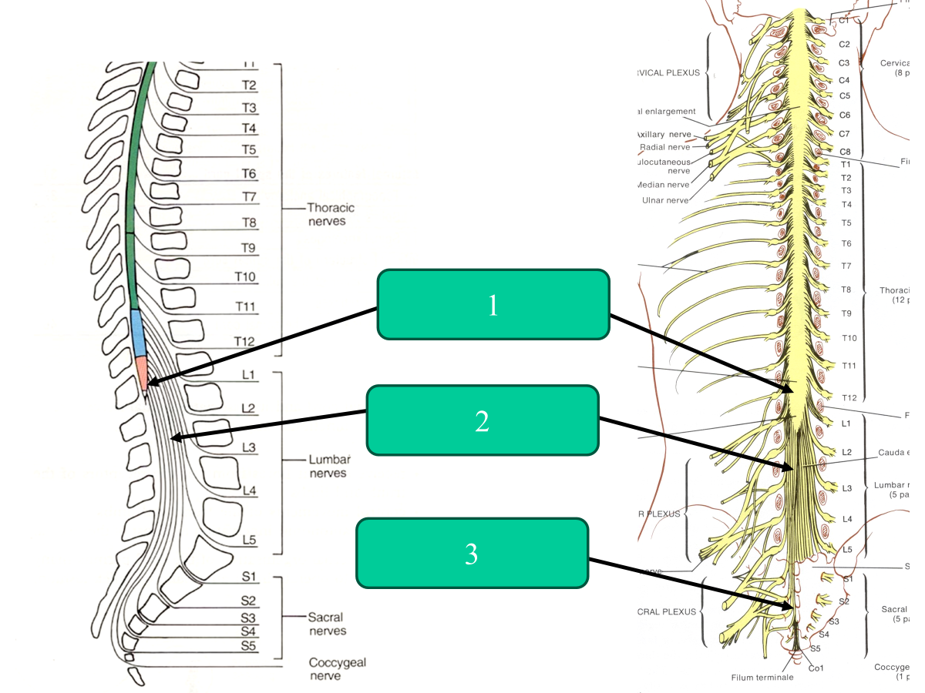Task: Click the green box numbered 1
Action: pos(493,304)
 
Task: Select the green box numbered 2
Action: pos(482,420)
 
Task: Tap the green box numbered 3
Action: pos(471,553)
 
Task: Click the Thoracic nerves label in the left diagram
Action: pos(331,214)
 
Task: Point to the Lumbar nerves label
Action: pos(330,466)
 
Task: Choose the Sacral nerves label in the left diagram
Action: pos(327,624)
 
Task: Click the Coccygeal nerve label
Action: pos(338,668)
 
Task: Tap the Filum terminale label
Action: pos(761,678)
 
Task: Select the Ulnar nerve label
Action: pos(664,200)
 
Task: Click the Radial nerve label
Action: pos(664,147)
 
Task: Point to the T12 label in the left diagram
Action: pos(245,342)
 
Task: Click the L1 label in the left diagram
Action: pos(248,375)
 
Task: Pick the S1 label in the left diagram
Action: pos(248,577)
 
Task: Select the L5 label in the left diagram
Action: pos(248,540)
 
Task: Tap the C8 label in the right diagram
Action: pos(845,152)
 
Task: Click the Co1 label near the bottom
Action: pos(816,668)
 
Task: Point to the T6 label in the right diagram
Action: pos(846,243)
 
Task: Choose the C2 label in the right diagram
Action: pos(844,45)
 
